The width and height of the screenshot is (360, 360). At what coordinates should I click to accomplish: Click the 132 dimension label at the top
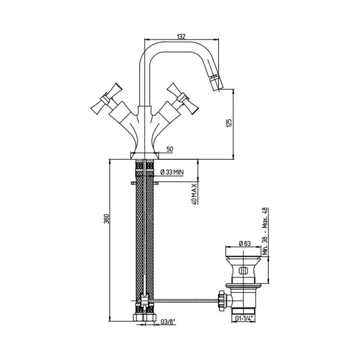[x=181, y=36]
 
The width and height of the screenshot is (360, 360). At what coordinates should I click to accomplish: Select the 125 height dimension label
[x=229, y=123]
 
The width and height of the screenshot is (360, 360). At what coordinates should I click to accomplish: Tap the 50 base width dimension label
[x=170, y=149]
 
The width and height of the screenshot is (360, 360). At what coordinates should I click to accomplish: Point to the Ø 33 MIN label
[x=172, y=172]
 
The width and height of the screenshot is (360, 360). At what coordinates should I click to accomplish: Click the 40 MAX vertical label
[x=194, y=193]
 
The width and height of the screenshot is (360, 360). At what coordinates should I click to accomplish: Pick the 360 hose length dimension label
[x=107, y=219]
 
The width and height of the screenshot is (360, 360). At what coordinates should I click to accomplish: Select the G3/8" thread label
[x=168, y=322]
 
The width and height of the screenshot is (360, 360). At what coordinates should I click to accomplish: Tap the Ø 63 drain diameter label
[x=245, y=243]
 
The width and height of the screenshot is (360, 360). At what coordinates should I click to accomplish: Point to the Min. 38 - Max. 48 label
[x=265, y=231]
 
